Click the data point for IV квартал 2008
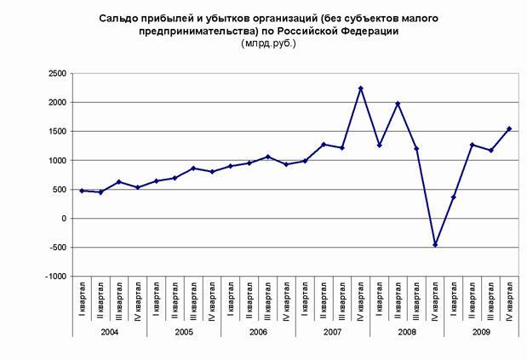(x=435, y=244)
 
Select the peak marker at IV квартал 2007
(x=361, y=89)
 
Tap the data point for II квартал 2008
(x=398, y=104)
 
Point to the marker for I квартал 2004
(x=82, y=191)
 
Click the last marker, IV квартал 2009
(x=509, y=129)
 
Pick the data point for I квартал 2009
(x=454, y=197)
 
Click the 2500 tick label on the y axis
(x=56, y=74)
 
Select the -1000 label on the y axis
(x=55, y=277)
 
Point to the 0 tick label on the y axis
(x=62, y=219)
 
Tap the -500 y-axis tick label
(x=57, y=248)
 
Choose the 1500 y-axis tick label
(x=56, y=132)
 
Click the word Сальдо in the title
(x=117, y=17)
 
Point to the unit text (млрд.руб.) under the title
(x=268, y=43)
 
